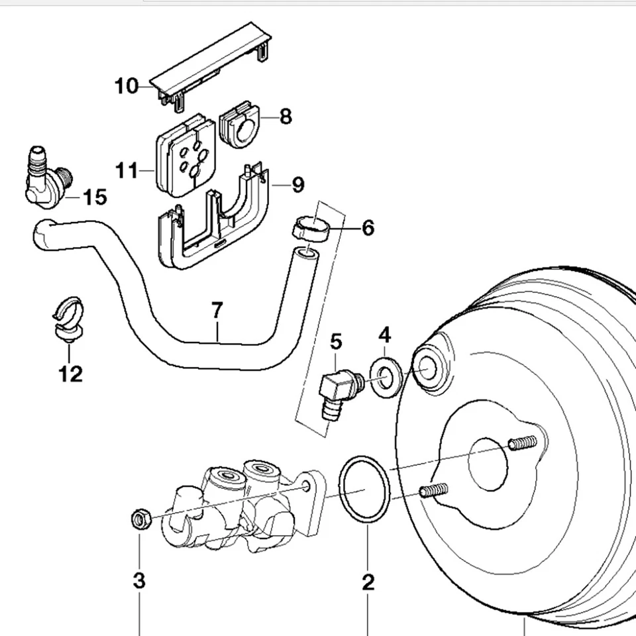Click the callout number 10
127,86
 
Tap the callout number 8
286,117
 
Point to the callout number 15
95,197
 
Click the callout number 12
71,374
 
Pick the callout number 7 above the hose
217,310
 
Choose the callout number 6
368,227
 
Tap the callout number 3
139,581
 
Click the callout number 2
368,582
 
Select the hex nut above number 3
140,519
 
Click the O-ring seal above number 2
364,490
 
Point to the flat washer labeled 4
386,378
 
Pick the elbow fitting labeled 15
48,178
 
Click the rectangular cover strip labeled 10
211,67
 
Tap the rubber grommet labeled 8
240,124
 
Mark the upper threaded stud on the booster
523,442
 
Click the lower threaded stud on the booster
434,490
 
